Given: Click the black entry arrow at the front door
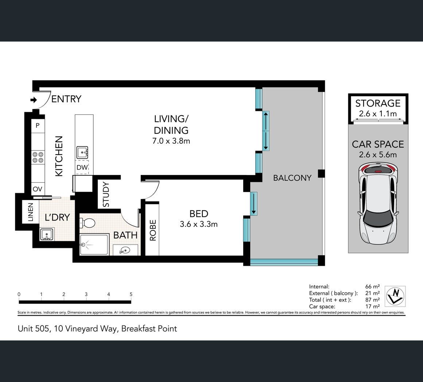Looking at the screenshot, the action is [34, 100].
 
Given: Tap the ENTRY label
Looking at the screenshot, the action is [66, 99].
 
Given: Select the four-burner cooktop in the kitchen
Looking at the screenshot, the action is [38, 157].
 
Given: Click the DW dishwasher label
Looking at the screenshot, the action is [82, 167].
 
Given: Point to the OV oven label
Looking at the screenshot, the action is [38, 189].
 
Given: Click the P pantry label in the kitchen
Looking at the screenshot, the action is [38, 125].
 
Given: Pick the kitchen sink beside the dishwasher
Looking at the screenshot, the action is [82, 152].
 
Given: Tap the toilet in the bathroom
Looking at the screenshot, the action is [88, 223].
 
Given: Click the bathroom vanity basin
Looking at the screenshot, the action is [125, 250].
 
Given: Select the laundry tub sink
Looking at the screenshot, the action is [47, 234].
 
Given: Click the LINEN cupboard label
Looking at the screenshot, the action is [31, 212].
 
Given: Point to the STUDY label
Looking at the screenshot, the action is [106, 194].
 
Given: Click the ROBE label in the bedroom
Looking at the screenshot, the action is [153, 230].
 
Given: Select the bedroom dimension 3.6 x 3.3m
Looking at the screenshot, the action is [198, 224].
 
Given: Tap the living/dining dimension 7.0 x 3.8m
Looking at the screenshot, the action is [171, 141].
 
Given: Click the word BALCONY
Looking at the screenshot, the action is [292, 178].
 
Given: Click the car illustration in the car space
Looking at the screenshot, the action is [378, 203].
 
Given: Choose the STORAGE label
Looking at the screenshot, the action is [378, 103].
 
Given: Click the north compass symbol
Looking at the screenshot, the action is [395, 296].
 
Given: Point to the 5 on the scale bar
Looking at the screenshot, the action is [131, 295].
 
